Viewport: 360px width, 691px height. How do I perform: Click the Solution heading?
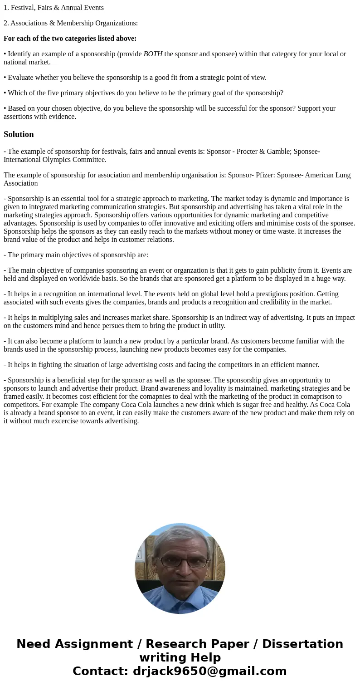[19, 134]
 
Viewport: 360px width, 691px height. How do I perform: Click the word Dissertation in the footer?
[302, 644]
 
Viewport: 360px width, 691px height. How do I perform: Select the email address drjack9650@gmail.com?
[209, 671]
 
